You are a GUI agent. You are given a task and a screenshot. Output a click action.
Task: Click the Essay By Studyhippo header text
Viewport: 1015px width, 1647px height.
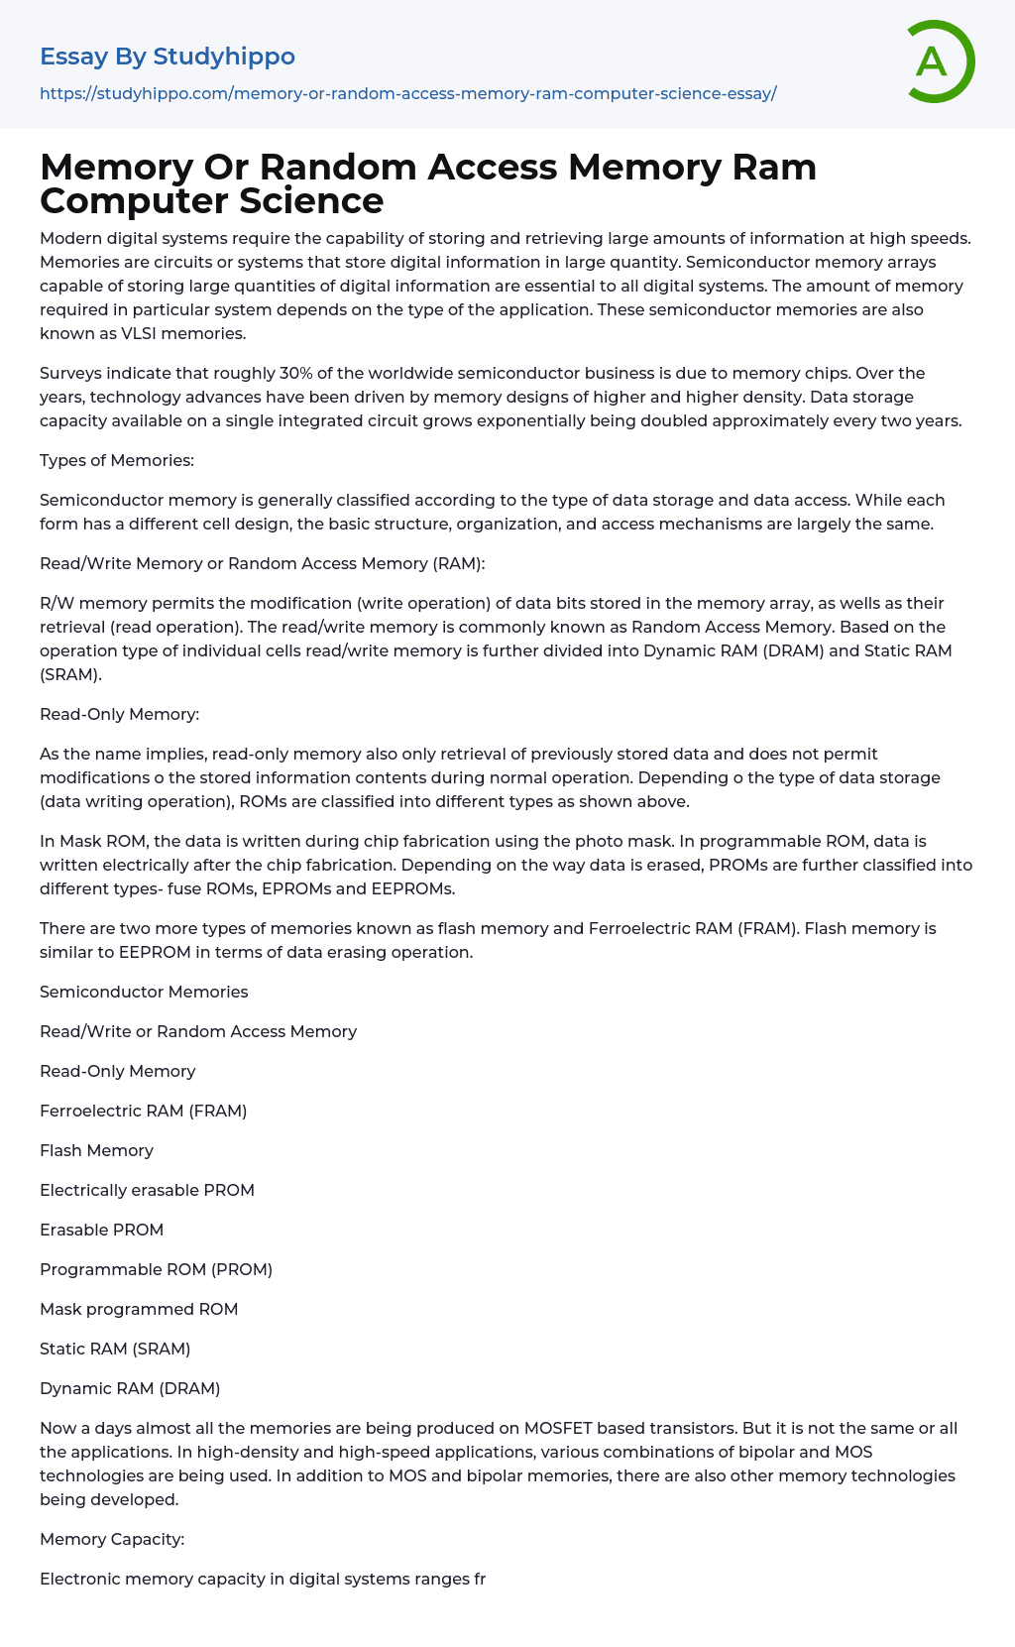pos(168,57)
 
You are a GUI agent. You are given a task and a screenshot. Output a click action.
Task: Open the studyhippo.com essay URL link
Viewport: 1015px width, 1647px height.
pos(407,93)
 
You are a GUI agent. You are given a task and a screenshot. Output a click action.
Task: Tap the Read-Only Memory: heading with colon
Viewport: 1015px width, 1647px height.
pos(119,714)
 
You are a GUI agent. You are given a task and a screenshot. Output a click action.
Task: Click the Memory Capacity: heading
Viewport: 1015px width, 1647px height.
pos(112,1539)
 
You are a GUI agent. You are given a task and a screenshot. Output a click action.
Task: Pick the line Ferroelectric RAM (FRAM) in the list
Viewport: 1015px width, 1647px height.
pos(143,1111)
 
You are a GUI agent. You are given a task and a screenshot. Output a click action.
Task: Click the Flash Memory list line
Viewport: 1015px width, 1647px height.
pos(96,1150)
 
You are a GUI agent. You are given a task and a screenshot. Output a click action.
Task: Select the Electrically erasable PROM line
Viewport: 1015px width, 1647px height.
pos(147,1190)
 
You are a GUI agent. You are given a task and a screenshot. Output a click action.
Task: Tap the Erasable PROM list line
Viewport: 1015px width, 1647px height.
pos(101,1230)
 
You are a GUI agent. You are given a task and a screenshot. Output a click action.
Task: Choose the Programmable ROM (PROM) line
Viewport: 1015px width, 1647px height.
pos(156,1269)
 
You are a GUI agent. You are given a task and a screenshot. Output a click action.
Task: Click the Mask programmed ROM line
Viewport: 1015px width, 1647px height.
pos(139,1309)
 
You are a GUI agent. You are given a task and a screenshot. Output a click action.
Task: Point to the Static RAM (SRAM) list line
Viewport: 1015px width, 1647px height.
pos(115,1349)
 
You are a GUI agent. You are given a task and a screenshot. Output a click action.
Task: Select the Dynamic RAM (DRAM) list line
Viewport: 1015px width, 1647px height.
pos(130,1388)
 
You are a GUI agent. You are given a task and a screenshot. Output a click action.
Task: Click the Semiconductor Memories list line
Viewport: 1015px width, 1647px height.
pos(144,992)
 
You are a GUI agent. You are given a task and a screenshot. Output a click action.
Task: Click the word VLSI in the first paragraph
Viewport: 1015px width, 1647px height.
pos(139,333)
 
